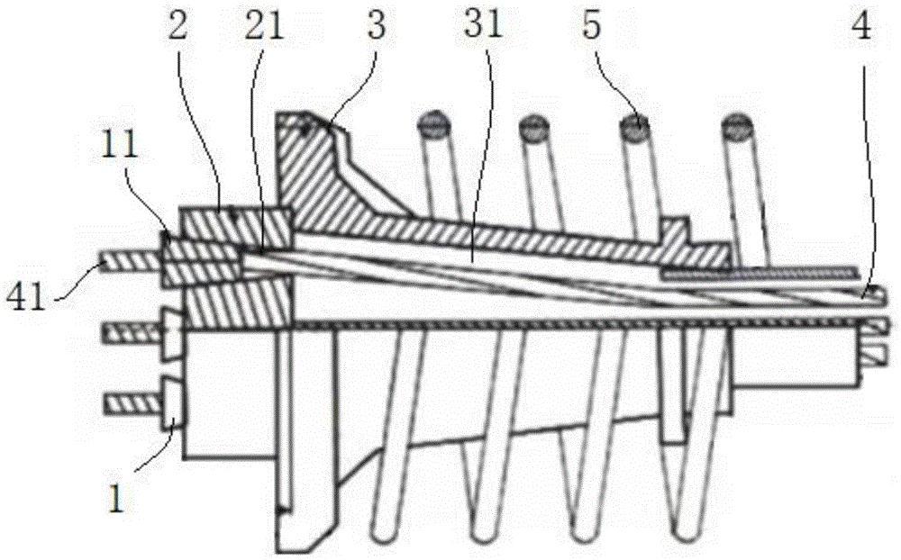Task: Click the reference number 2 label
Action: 177,27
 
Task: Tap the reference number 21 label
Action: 264,27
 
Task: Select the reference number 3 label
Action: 377,27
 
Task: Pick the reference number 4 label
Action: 860,27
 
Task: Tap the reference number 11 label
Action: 120,144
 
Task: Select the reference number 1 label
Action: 116,500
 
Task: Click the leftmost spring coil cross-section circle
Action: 432,124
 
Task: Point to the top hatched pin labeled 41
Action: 131,264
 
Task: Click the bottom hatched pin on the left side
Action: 132,403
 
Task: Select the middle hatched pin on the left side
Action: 132,333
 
